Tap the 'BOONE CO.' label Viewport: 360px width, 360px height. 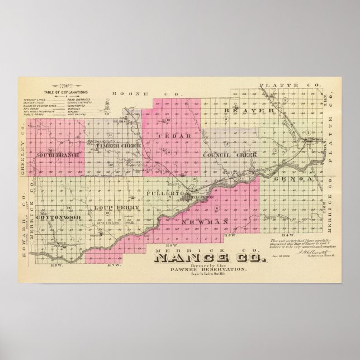[x=127, y=93]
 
